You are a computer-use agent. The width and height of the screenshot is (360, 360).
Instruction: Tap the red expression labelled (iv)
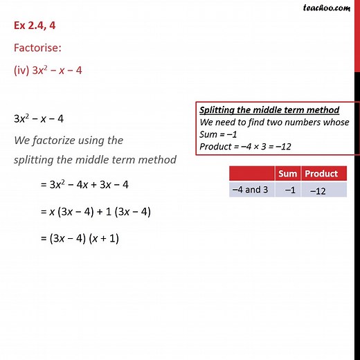point(48,71)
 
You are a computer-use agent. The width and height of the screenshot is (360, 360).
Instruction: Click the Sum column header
point(287,174)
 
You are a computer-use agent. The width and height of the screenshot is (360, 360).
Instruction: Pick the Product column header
point(322,174)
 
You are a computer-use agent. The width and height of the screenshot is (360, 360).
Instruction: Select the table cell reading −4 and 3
point(251,189)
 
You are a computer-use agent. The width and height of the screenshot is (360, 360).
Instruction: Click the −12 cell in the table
point(317,190)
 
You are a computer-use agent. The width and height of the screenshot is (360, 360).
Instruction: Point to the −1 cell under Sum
point(287,189)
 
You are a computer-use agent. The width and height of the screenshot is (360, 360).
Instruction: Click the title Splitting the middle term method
point(269,111)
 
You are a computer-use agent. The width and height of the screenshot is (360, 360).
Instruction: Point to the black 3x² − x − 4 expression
point(39,118)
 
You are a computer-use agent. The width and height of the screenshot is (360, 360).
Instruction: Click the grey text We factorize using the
point(68,140)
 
